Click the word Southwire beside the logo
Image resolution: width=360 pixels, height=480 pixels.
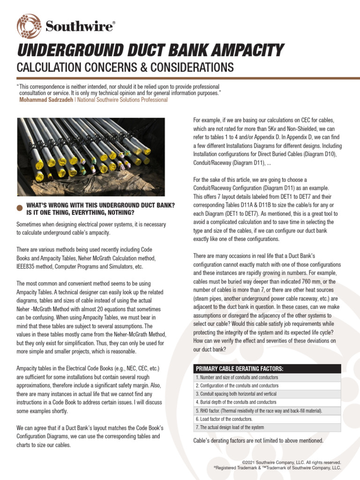[80, 27]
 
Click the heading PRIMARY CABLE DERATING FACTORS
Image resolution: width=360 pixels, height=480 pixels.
[239, 368]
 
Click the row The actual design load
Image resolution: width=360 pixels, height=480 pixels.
[230, 427]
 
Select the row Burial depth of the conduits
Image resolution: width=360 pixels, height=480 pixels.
[236, 402]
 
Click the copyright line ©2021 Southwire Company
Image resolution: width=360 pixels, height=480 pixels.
[291, 463]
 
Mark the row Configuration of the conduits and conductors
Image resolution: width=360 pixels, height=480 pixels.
[237, 385]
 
